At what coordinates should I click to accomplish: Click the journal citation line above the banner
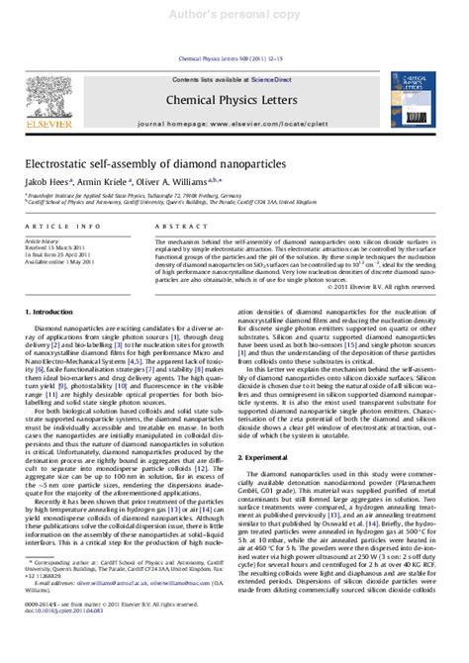coord(234,36)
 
